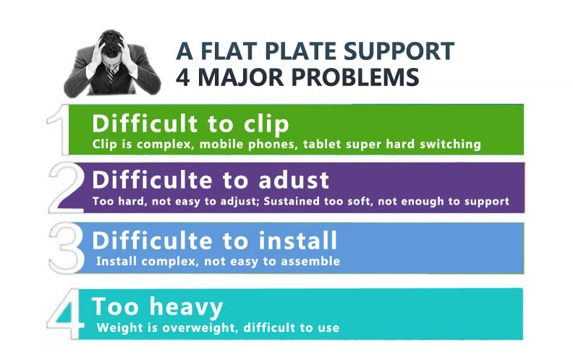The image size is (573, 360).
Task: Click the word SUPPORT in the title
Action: click(399, 51)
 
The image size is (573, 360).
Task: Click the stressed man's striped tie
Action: click(111, 76)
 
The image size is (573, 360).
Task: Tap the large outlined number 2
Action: click(67, 188)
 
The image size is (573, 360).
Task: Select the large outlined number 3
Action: click(67, 248)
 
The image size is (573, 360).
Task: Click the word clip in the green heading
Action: click(266, 124)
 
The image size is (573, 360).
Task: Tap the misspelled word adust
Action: click(294, 180)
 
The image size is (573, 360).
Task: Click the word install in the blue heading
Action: click(297, 241)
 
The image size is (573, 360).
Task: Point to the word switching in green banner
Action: click(450, 145)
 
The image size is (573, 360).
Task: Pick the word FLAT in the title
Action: click(229, 51)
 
